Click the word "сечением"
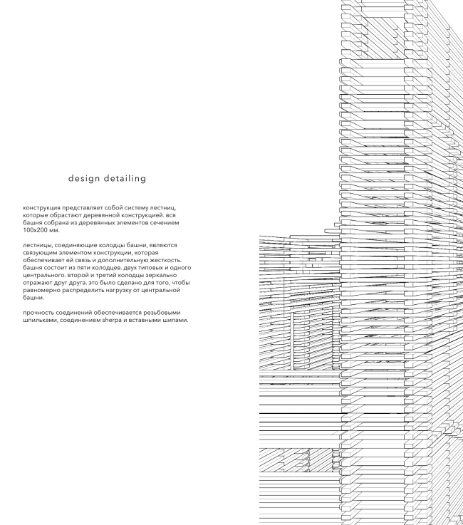(x=164, y=223)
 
